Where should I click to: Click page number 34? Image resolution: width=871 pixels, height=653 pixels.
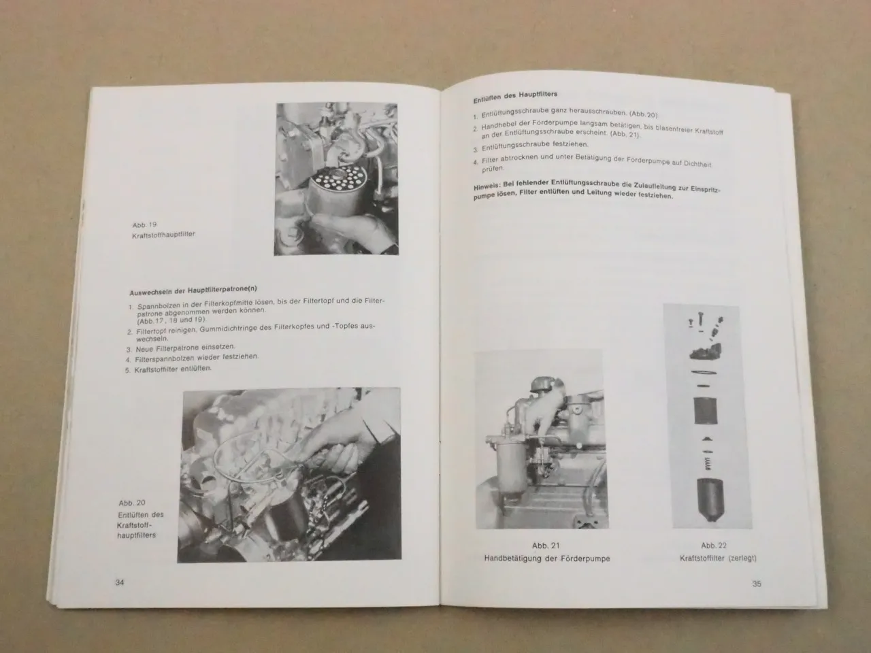pos(120,582)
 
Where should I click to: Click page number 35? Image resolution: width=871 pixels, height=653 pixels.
pos(756,584)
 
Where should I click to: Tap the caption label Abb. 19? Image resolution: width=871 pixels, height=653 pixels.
pos(144,224)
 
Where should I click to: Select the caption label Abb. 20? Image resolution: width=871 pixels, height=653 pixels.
pos(132,503)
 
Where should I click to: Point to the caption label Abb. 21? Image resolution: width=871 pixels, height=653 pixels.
pos(546,546)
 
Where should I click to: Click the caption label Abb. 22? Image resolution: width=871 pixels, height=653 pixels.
pos(714,546)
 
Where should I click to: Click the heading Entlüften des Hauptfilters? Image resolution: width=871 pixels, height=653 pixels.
pos(515,96)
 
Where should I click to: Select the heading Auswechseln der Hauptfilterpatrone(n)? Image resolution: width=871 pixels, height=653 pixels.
pos(193,291)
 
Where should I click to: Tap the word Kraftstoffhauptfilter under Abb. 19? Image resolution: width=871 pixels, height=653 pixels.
pos(163,235)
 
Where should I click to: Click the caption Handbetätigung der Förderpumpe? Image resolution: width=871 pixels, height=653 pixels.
pos(547,558)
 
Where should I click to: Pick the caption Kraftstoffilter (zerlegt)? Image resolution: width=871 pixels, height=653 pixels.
pos(718,558)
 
